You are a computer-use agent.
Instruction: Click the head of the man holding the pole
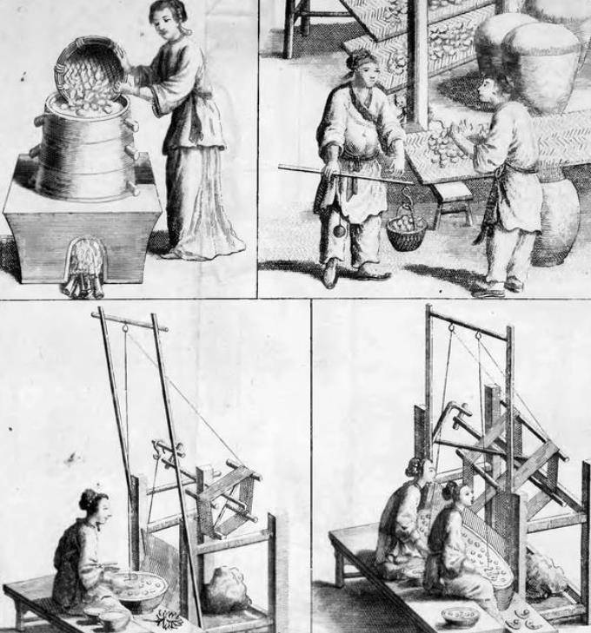tap(362, 69)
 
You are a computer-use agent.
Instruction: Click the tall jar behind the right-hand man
tap(555, 221)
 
